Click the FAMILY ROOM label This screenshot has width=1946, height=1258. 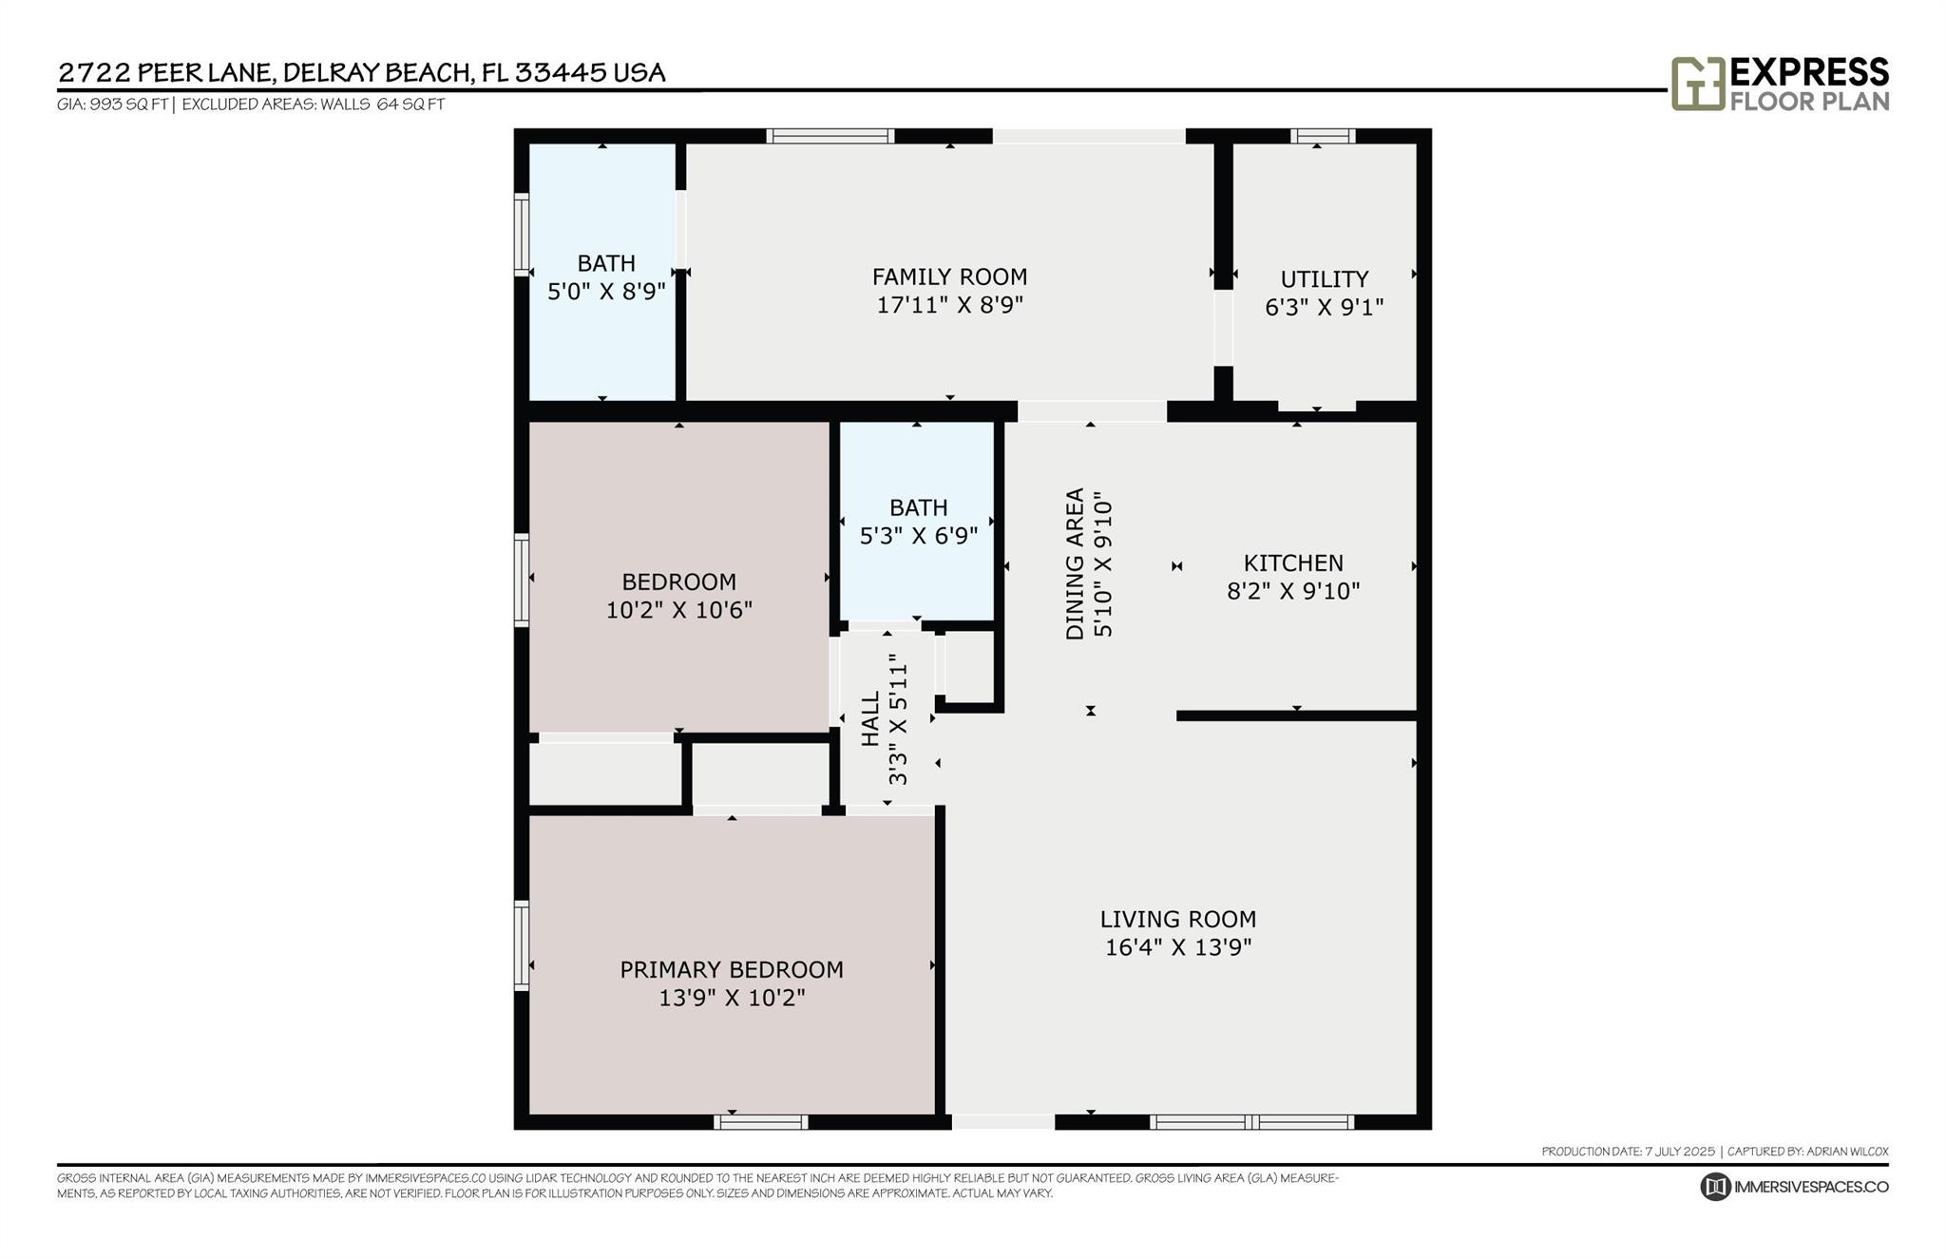tap(949, 276)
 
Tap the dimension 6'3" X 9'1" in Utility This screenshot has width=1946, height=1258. tap(1324, 307)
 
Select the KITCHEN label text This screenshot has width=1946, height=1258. tap(1293, 562)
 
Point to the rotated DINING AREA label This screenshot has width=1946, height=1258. tap(1075, 563)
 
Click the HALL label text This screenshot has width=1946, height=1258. tap(870, 718)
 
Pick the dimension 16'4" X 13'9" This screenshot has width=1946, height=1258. tap(1178, 947)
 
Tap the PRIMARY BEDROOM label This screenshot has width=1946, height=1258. tap(731, 969)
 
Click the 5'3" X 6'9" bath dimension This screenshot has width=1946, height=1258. tap(918, 536)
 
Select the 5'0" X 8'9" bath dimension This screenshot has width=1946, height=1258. tap(606, 291)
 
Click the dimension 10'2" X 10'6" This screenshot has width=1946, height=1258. tap(678, 609)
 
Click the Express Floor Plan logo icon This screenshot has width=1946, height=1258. tap(1697, 84)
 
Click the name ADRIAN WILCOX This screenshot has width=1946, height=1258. tap(1847, 1152)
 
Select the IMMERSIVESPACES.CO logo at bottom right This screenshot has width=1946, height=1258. tap(1793, 1187)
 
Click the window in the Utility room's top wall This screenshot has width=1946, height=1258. tap(1323, 136)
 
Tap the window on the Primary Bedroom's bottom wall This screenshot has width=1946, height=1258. tap(760, 1122)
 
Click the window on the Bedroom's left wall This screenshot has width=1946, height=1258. tap(521, 581)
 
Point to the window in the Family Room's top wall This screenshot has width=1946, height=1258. tap(830, 136)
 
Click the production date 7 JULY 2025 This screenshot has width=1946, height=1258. tap(1679, 1152)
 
